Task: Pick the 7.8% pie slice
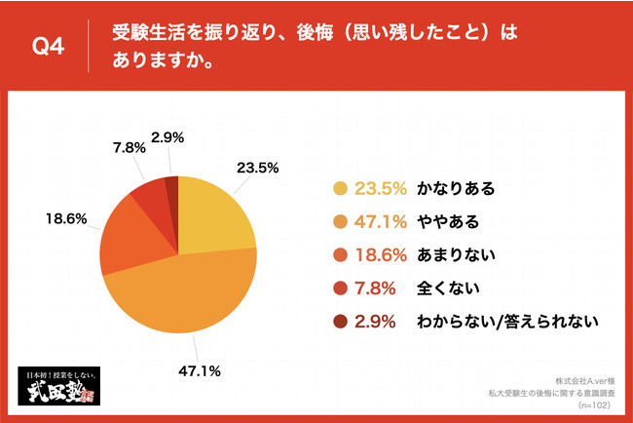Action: coord(151,194)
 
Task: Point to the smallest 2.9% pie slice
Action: coord(171,186)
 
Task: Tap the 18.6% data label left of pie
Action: coord(62,220)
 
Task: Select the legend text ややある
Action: coord(447,223)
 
